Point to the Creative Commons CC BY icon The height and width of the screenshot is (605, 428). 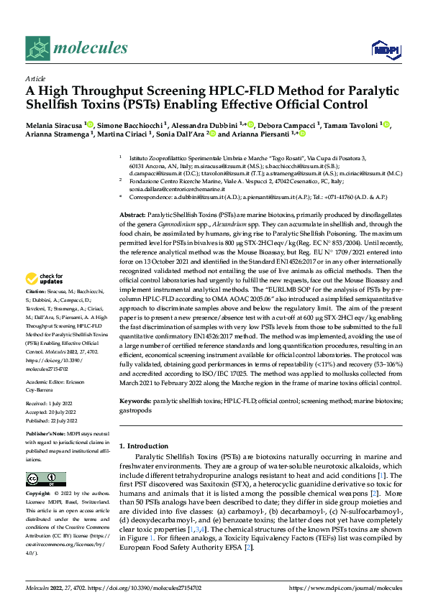pos(41,479)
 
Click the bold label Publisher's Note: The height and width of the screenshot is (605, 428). pos(45,435)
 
